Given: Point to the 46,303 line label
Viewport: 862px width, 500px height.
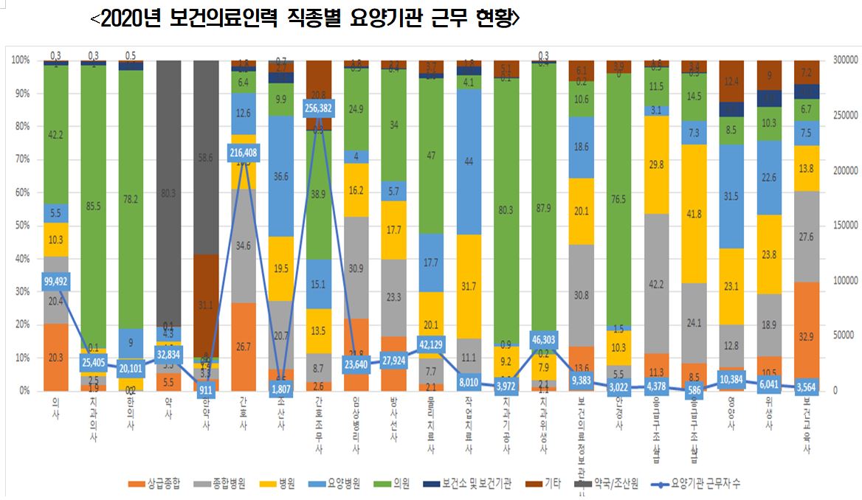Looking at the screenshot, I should [544, 339].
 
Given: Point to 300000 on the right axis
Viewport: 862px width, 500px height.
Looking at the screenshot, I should [844, 60].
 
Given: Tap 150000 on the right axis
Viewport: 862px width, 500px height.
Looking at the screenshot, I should [844, 225].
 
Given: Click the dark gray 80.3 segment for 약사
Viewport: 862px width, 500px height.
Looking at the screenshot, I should [169, 195].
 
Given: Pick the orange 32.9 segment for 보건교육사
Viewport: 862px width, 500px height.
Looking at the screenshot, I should [809, 336].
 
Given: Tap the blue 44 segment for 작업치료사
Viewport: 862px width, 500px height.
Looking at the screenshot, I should [469, 162].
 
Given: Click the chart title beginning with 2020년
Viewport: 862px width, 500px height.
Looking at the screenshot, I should [305, 20].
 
